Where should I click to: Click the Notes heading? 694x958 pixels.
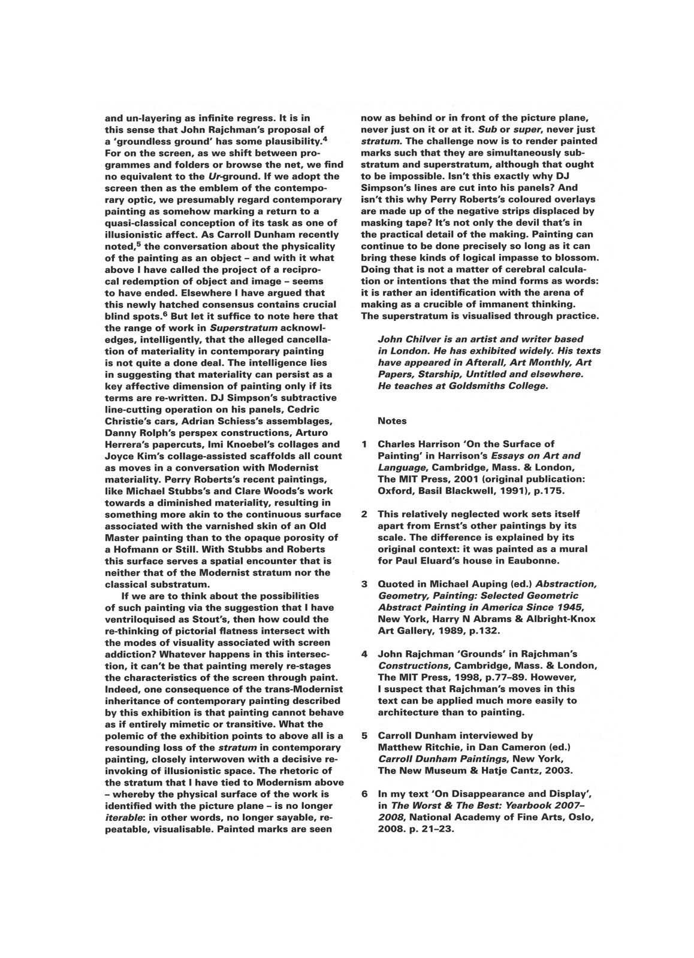(x=392, y=421)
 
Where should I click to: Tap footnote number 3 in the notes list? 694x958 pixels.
(x=364, y=584)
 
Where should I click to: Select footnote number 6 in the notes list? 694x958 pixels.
(x=364, y=794)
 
